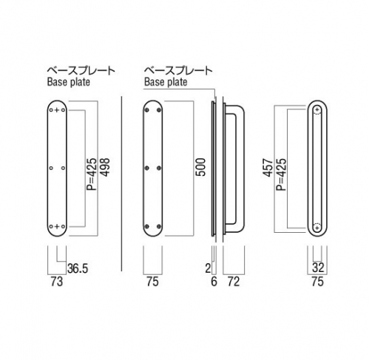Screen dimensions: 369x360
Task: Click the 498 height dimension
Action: click(105, 167)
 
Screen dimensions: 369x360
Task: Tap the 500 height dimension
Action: click(200, 167)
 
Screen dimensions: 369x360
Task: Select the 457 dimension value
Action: click(268, 168)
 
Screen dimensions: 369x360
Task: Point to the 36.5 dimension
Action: click(78, 268)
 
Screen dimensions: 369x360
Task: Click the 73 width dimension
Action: click(57, 281)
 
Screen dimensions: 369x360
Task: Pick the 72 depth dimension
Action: click(234, 281)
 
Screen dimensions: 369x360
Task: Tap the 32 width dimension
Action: click(318, 268)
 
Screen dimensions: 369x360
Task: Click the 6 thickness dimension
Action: click(214, 281)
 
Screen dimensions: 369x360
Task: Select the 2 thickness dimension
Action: click(209, 268)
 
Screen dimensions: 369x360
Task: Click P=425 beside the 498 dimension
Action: click(92, 174)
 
